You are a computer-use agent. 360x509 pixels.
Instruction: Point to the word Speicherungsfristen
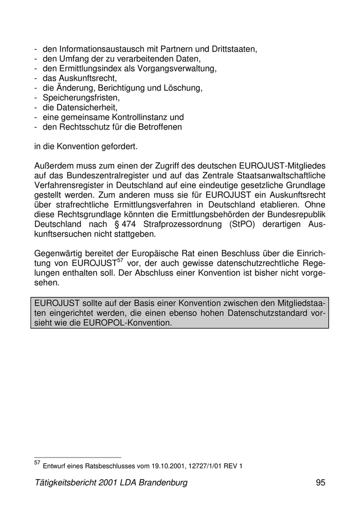coord(81,98)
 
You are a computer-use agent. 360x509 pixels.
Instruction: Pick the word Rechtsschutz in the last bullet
coord(82,127)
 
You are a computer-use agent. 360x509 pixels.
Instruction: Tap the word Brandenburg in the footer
coord(163,483)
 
